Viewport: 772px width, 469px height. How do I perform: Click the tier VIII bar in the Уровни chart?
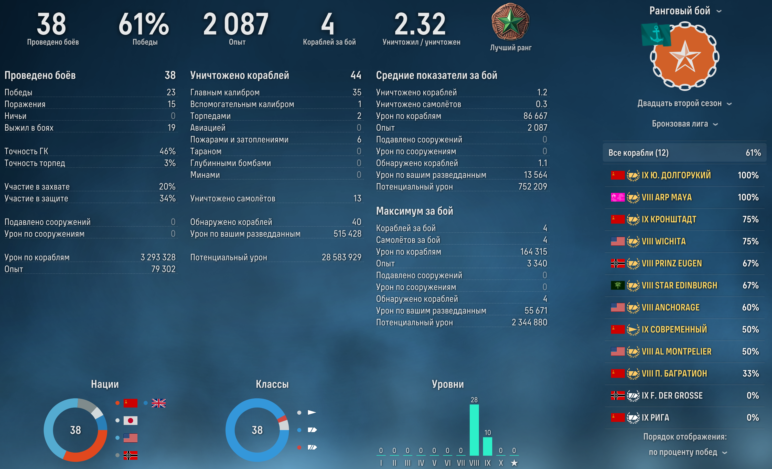click(474, 430)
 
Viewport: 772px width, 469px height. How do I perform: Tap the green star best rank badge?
click(510, 23)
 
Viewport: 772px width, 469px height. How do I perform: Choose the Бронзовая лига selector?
click(684, 124)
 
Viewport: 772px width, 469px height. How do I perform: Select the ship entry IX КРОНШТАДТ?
click(669, 219)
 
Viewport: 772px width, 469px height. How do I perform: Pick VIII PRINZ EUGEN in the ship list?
click(671, 263)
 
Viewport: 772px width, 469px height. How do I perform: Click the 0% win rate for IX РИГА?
click(752, 418)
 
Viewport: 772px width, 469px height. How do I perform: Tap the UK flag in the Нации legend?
click(158, 403)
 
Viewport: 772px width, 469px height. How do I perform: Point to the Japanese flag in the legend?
click(130, 420)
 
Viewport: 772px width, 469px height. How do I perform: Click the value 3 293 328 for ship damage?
click(158, 257)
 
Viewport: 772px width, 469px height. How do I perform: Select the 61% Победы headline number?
click(144, 24)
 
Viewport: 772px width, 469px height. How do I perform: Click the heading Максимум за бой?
click(414, 211)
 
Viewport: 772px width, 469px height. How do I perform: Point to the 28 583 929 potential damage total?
click(341, 257)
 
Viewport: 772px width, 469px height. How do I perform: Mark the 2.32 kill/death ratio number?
click(420, 24)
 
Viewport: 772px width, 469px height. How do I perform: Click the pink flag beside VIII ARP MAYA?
click(618, 197)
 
